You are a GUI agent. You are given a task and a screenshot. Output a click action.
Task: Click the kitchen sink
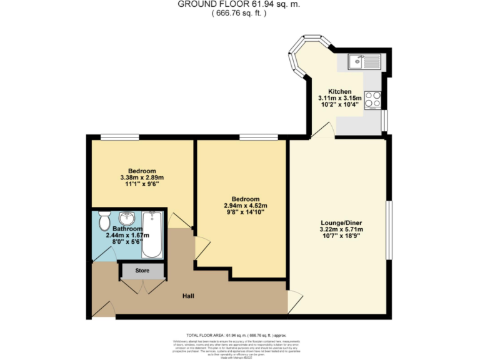(364, 62)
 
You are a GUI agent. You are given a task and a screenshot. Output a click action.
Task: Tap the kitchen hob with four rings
(373, 101)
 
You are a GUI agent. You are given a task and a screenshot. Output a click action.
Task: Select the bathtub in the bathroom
(152, 235)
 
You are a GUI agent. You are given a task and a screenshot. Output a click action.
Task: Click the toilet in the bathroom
(104, 221)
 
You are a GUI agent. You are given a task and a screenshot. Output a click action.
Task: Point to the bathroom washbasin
(127, 219)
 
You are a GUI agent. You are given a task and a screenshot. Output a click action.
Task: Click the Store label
(142, 271)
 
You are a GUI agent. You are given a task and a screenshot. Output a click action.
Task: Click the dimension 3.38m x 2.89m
(142, 178)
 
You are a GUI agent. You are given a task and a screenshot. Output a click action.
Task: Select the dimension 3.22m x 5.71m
(341, 229)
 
